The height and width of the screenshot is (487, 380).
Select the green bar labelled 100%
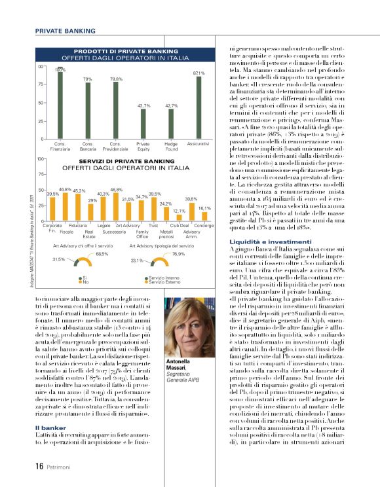[x=60, y=105]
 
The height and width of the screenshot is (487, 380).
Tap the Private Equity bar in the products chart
[x=143, y=124]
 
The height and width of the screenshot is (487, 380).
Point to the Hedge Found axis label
[x=171, y=146]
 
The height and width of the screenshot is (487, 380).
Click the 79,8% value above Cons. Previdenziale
[x=116, y=79]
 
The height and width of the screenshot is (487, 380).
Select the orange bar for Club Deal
[x=180, y=217]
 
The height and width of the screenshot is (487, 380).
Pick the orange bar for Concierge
[x=204, y=216]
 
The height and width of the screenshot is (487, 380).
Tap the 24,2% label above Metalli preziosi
[x=166, y=204]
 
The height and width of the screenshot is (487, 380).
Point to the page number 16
[x=39, y=466]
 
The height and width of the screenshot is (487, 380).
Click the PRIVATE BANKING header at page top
[x=65, y=31]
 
